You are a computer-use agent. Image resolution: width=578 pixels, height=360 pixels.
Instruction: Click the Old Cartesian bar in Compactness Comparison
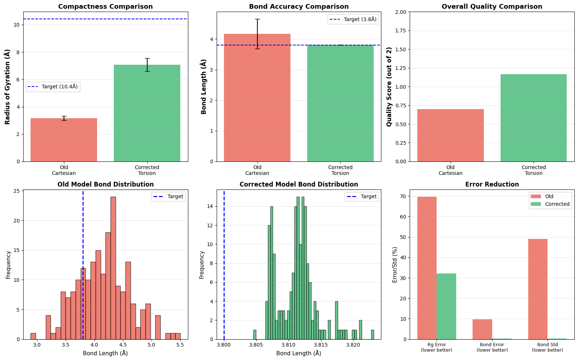point(64,140)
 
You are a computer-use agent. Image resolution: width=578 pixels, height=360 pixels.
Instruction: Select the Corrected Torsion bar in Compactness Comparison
point(147,113)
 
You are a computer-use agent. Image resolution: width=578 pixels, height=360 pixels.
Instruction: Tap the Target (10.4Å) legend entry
point(53,87)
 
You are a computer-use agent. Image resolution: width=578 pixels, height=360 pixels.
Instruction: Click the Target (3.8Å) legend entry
point(353,19)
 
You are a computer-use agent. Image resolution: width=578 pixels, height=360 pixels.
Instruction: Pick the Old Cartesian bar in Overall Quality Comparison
point(450,135)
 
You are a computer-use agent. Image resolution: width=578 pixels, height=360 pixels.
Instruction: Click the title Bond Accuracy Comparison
point(299,7)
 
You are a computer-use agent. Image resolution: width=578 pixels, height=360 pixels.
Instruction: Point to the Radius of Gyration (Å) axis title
point(7,87)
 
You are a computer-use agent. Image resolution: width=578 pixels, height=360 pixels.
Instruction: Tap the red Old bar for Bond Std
point(538,289)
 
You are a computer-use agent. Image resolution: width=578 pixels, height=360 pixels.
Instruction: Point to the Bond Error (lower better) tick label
point(492,347)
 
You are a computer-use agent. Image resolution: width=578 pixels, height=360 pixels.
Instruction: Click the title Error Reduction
point(492,184)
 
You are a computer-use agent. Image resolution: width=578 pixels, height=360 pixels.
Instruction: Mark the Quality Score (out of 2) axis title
point(389,87)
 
